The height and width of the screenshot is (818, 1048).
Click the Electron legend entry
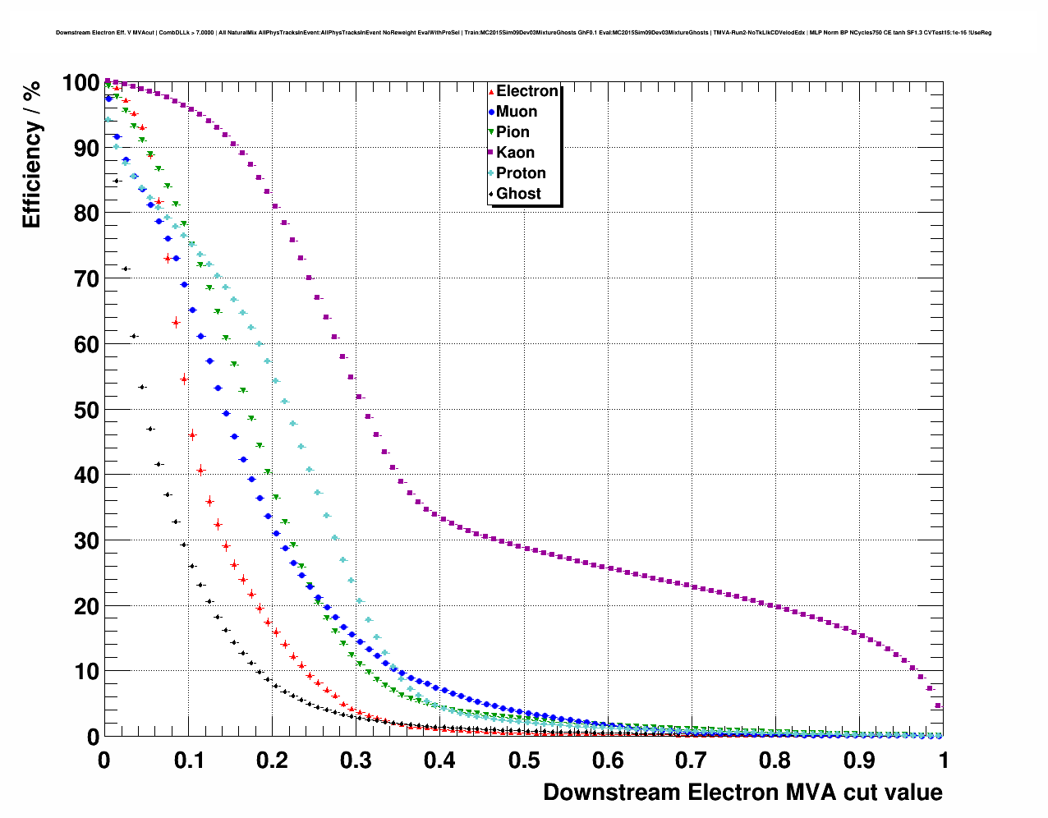tap(526, 91)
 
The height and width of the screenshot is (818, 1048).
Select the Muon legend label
tap(517, 112)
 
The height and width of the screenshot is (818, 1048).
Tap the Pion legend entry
tap(513, 132)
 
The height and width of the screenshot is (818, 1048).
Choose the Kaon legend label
tap(515, 153)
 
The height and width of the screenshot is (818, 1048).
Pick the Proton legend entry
tap(521, 173)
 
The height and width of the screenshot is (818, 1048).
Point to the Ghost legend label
tap(518, 194)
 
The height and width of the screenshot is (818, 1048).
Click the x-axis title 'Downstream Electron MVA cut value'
tap(742, 793)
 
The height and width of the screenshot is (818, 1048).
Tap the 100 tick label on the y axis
tap(80, 83)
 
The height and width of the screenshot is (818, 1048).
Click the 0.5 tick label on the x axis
tap(524, 761)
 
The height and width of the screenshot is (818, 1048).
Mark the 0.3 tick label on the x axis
tap(356, 761)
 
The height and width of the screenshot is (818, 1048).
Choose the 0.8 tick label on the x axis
tap(775, 761)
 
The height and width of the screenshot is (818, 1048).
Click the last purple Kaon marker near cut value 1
tap(938, 705)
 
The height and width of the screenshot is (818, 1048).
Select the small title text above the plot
tap(523, 33)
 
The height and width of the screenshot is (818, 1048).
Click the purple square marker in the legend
tap(491, 153)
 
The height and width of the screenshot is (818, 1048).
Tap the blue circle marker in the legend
tap(491, 112)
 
